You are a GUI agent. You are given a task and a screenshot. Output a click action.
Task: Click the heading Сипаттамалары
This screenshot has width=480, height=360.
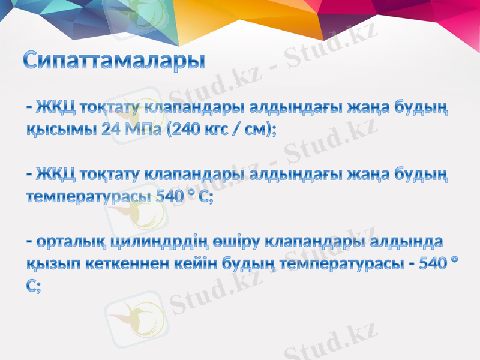point(114,61)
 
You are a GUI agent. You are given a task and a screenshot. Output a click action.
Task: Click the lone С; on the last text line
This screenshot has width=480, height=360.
point(34,287)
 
